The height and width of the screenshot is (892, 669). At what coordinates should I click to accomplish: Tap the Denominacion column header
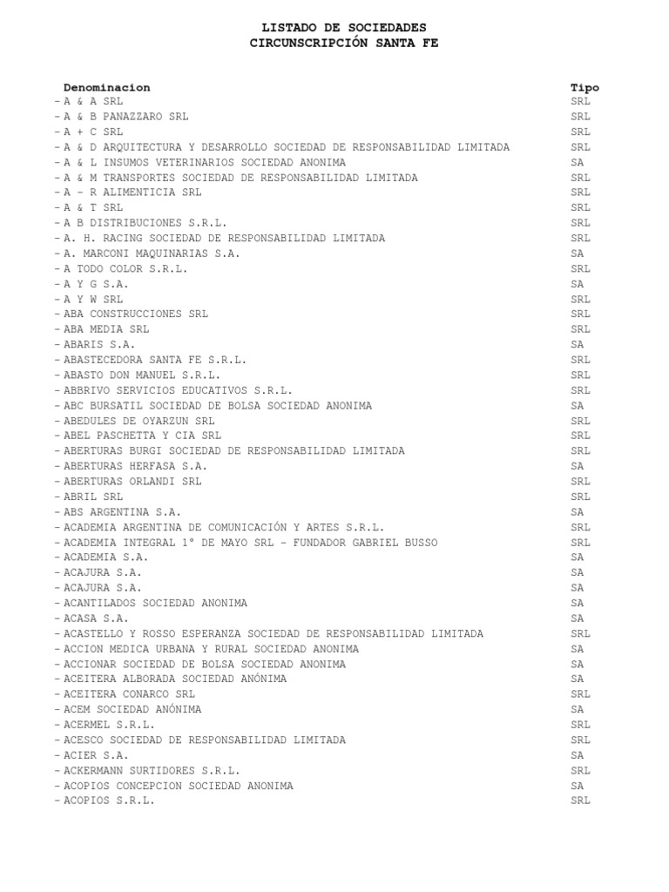point(106,87)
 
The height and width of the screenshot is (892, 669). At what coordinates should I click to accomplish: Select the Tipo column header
point(585,87)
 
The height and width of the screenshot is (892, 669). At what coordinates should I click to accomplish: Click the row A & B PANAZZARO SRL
point(125,117)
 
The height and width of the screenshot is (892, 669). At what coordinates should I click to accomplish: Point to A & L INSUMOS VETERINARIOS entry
point(204,162)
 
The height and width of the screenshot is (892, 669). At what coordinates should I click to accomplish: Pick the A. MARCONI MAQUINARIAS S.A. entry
point(152,253)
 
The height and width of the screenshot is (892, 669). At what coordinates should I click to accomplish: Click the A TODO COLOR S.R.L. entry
point(125,268)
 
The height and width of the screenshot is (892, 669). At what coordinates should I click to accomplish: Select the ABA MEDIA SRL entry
point(106,329)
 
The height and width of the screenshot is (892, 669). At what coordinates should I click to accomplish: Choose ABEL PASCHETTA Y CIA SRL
point(142,436)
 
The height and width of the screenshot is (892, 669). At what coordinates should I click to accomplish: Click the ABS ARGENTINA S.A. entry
point(122,512)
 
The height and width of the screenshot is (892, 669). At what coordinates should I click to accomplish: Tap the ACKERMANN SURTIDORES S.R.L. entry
point(152,770)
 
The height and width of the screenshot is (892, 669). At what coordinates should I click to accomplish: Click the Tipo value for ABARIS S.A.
point(578,345)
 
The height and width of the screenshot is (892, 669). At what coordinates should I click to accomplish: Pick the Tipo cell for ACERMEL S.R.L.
point(581,725)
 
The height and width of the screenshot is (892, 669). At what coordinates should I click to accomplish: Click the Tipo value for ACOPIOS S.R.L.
point(581,801)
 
